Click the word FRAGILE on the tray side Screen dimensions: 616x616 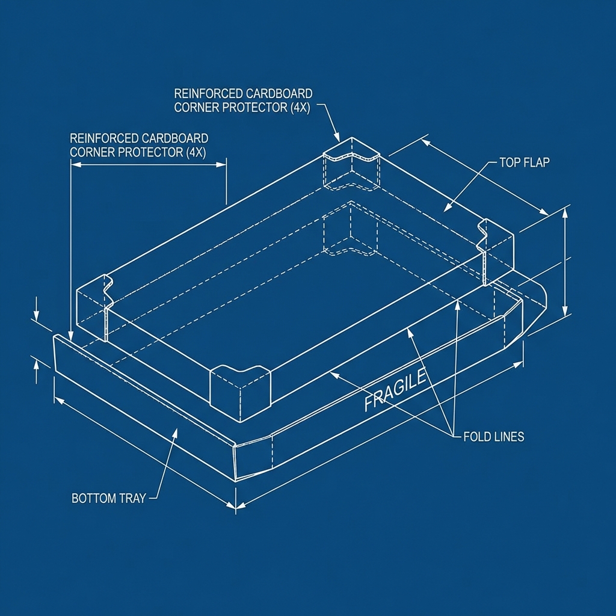(395, 390)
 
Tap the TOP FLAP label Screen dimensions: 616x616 (525, 162)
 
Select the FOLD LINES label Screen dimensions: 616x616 (494, 437)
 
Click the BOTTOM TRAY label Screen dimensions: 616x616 (109, 499)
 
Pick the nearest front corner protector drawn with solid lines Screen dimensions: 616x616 (241, 393)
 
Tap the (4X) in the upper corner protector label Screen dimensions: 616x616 (300, 108)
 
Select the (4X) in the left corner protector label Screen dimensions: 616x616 (196, 152)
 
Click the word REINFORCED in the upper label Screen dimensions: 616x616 (208, 93)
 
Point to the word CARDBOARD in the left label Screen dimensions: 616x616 (175, 138)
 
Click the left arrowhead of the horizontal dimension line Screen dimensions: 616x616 (75, 165)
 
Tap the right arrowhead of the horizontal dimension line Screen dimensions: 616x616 (221, 165)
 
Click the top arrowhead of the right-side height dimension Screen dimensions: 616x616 (565, 212)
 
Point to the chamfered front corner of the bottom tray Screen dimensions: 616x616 (253, 458)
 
